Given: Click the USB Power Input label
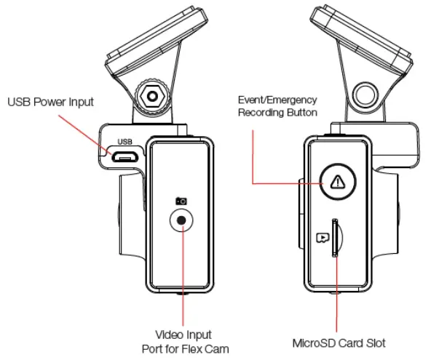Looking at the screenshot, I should point(50,102).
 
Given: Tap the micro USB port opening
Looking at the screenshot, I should point(124,154).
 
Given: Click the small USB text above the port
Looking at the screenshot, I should point(124,142).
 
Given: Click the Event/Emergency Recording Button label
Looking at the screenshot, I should point(277,106).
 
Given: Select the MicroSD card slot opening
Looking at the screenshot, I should point(336,237).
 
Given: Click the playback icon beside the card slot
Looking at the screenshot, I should point(320,237).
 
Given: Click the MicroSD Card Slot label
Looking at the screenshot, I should point(337,343).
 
